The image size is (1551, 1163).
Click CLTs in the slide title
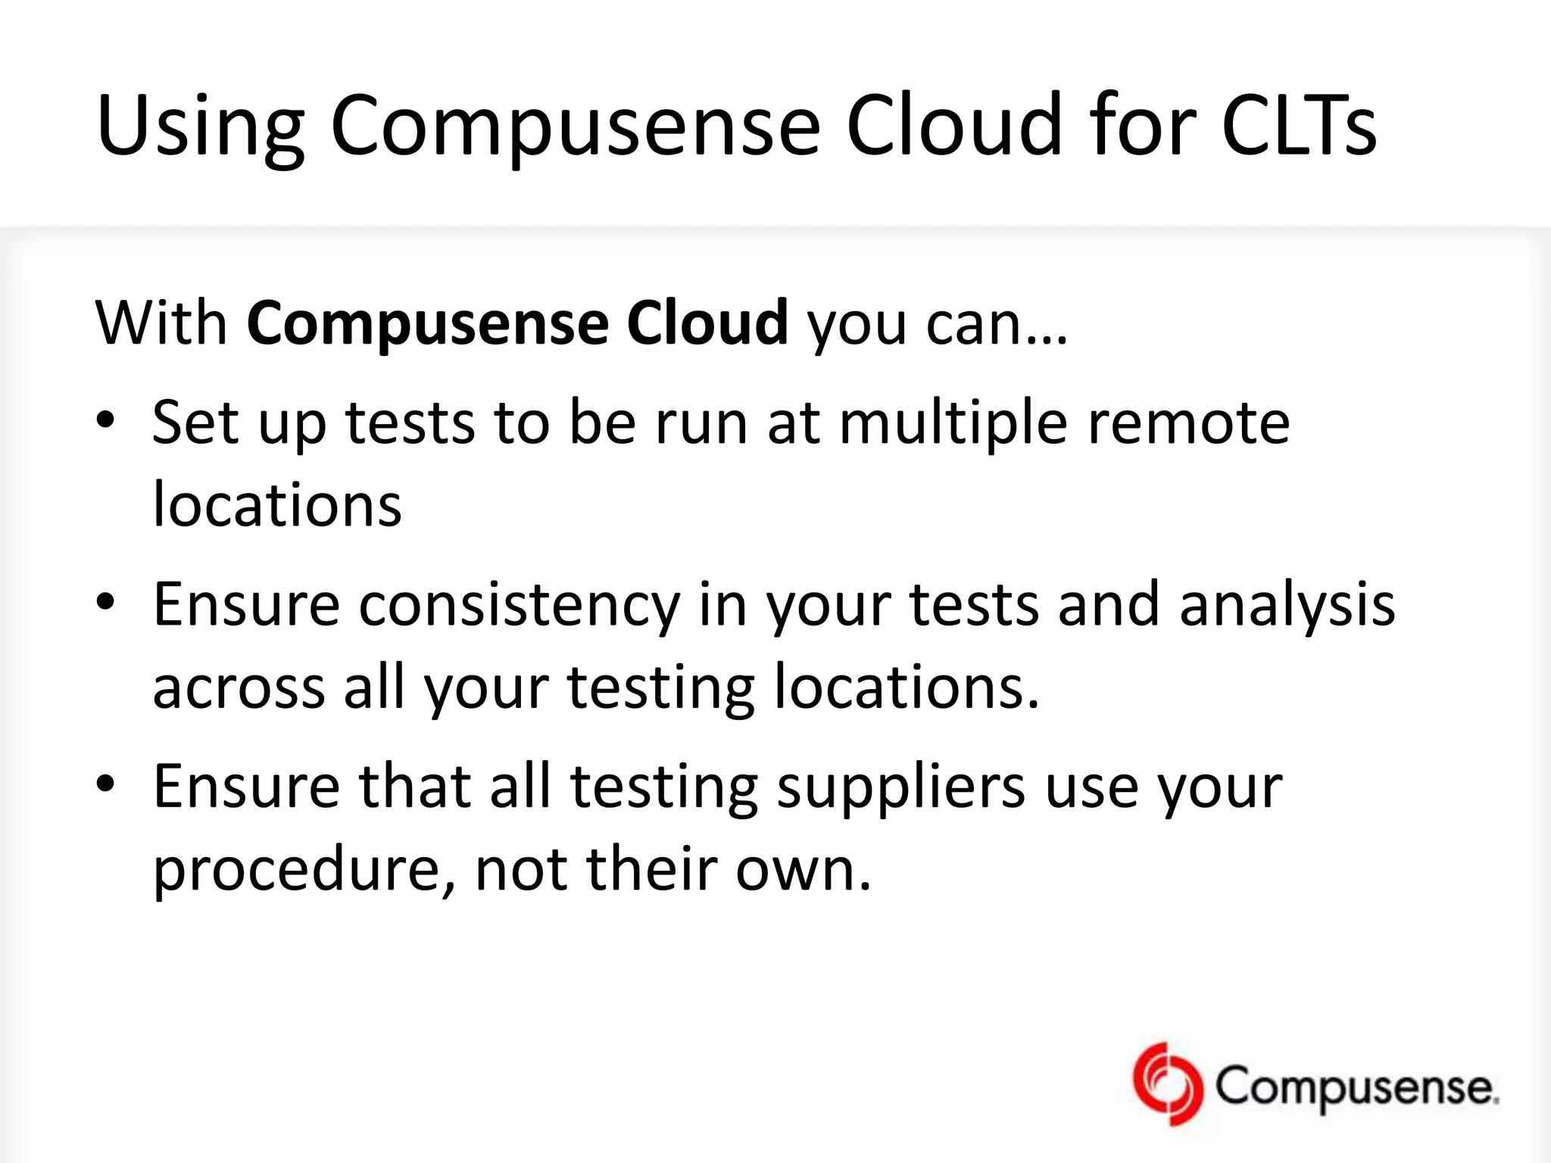(x=1299, y=125)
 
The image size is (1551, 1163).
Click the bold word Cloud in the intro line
(x=707, y=323)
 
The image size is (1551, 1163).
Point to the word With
(x=161, y=323)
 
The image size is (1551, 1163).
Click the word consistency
(x=520, y=606)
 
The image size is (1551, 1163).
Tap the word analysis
(x=1287, y=606)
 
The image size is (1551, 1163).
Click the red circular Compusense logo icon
(x=1167, y=1084)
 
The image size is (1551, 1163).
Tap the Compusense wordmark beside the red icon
(x=1356, y=1087)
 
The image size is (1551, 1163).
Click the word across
(x=239, y=688)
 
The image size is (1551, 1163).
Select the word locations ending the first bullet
(x=277, y=505)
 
